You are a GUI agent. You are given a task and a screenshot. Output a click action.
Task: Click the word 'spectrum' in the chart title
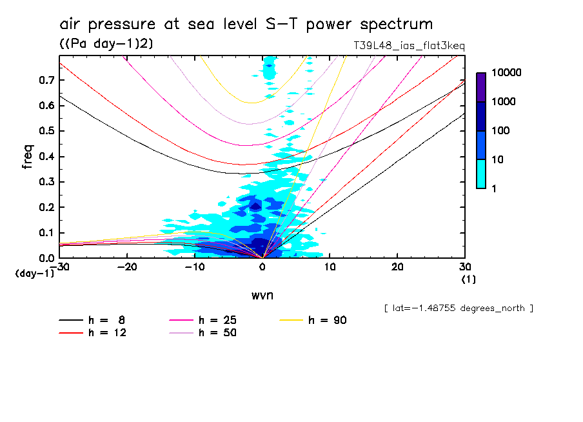point(397,25)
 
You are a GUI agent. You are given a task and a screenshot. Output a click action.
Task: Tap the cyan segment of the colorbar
point(481,174)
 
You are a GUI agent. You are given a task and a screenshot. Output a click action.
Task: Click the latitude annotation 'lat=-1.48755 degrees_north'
point(459,308)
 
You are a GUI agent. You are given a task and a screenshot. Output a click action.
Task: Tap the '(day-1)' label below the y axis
point(34,274)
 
